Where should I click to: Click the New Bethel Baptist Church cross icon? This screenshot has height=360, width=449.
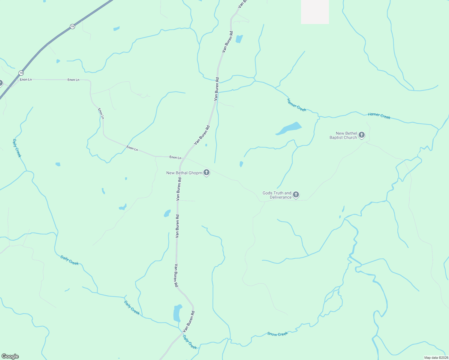pos(362,135)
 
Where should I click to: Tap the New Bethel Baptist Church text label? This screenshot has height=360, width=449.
pos(343,136)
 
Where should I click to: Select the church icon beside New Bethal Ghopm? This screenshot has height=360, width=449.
pos(206,172)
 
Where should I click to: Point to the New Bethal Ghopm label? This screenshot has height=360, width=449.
pos(184,173)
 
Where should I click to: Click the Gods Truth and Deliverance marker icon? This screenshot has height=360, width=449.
pos(296,195)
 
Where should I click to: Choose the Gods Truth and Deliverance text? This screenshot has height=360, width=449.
pos(277,195)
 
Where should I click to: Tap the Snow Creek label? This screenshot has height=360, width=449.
pos(277,334)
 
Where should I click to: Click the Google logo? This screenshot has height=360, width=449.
pos(10,356)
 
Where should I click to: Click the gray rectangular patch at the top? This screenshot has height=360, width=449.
pos(315,12)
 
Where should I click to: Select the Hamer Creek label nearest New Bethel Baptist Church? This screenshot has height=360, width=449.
pos(379,116)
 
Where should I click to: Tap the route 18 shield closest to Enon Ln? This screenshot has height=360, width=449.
pos(21,73)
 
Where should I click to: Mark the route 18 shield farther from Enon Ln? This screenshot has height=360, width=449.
pos(72,26)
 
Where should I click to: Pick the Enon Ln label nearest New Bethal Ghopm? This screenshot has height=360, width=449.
pos(175,157)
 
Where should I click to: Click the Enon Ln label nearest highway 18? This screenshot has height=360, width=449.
pos(26,79)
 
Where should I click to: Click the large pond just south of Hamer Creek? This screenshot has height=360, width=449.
pos(289,128)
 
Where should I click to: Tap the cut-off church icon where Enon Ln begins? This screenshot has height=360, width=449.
pos(1,83)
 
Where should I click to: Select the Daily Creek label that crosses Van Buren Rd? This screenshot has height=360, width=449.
pos(190,342)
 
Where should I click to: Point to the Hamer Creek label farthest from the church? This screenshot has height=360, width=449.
pos(296,105)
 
